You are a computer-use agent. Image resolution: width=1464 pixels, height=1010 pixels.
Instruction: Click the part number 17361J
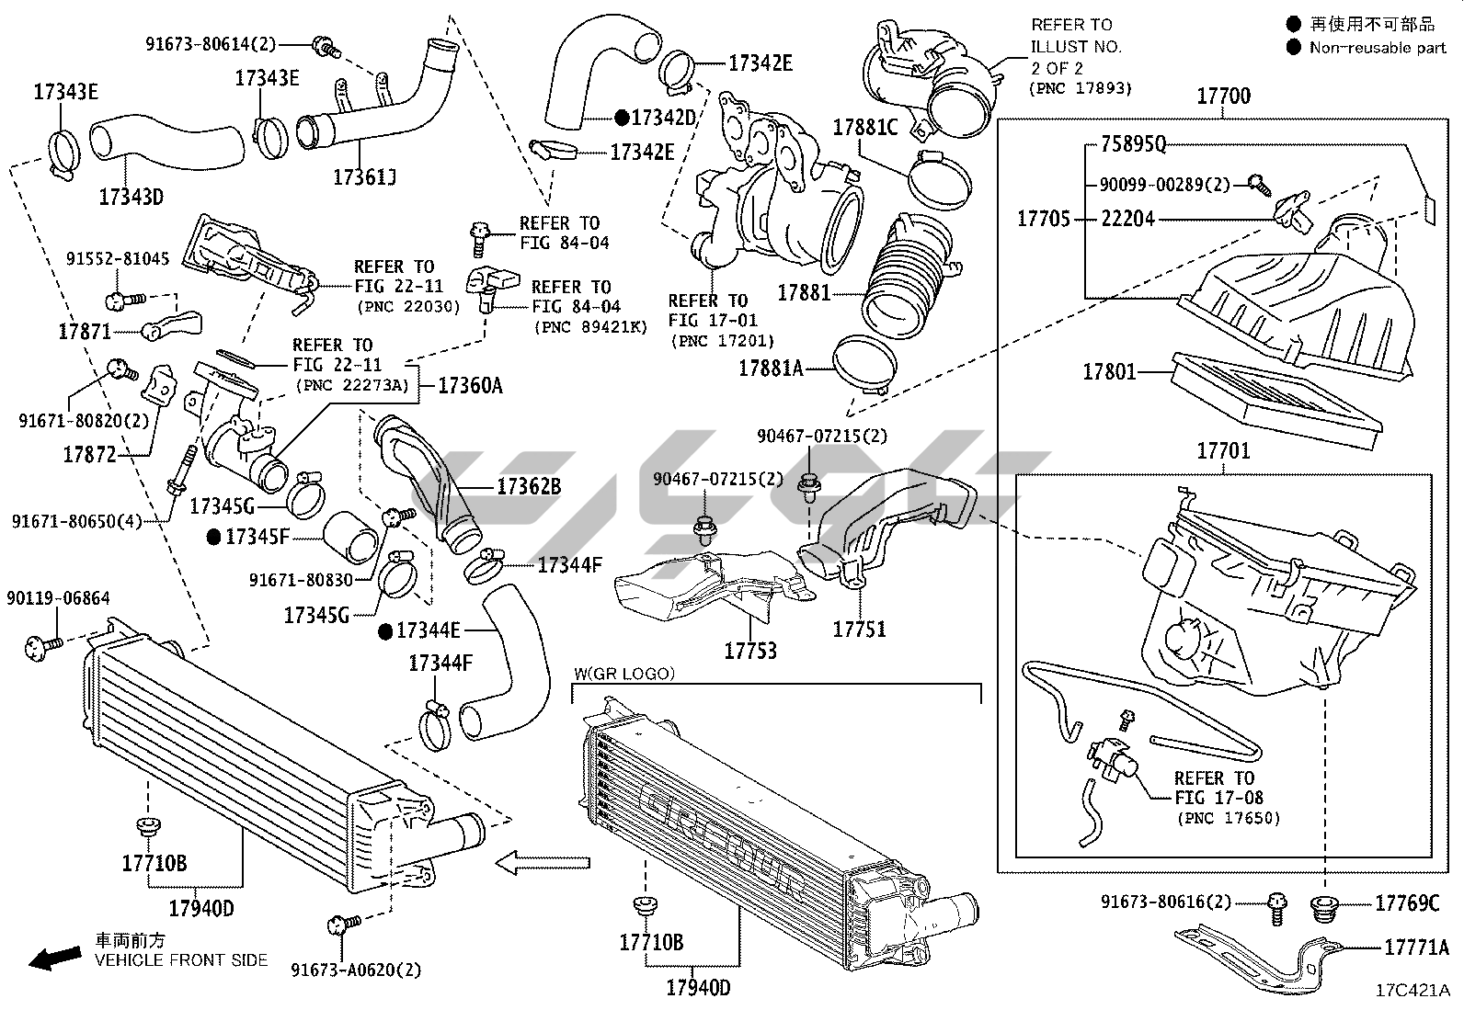(x=365, y=177)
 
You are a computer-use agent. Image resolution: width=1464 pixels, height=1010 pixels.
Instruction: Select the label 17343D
(x=131, y=197)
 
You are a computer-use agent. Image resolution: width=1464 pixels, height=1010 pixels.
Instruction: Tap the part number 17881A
(x=771, y=369)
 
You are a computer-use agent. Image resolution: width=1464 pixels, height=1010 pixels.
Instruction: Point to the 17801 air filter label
(x=1109, y=372)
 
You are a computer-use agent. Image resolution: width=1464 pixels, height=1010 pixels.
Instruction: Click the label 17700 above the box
(x=1223, y=96)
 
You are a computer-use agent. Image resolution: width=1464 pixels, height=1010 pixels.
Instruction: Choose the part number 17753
(x=750, y=651)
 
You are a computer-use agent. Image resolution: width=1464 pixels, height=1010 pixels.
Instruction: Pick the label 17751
(x=860, y=630)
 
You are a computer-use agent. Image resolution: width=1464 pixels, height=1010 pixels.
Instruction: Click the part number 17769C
(x=1407, y=902)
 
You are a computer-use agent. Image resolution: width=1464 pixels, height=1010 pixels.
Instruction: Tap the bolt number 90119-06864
(x=58, y=597)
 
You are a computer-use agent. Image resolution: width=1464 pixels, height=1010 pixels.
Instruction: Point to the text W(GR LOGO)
(x=624, y=674)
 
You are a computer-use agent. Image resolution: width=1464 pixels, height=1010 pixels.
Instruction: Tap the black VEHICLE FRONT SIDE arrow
(x=55, y=959)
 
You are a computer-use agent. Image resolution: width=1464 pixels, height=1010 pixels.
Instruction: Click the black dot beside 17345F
(x=213, y=537)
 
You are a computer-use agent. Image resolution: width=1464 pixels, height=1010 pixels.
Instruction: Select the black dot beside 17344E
(x=385, y=631)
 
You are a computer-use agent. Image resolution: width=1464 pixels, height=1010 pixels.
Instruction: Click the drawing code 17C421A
(x=1413, y=991)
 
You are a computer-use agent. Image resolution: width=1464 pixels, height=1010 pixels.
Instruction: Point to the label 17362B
(x=529, y=487)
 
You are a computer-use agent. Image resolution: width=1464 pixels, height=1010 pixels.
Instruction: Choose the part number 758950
(x=1133, y=143)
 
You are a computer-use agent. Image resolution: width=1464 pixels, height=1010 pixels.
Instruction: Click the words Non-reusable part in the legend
(x=1378, y=48)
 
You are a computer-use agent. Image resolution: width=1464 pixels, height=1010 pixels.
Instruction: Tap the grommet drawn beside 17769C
(x=1324, y=908)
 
